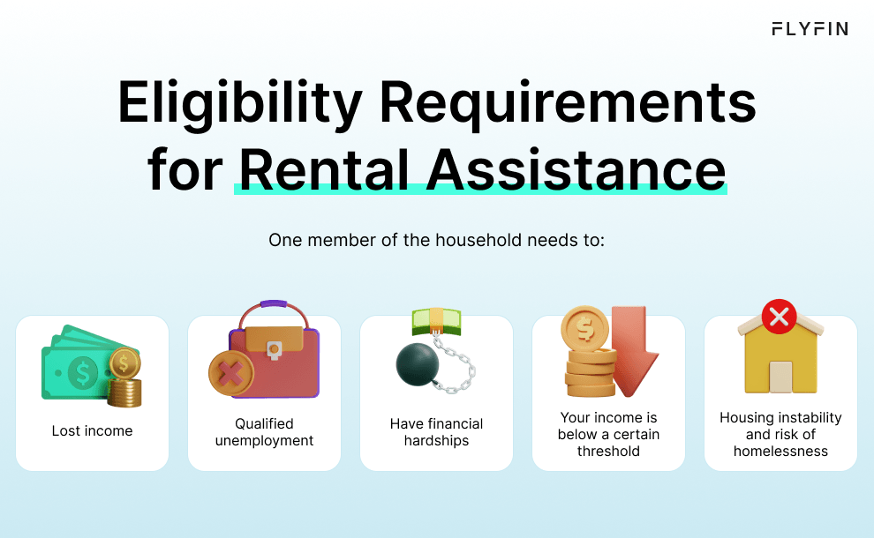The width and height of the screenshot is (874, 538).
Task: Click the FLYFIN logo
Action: click(x=810, y=29)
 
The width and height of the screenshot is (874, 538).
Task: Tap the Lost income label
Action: click(x=92, y=431)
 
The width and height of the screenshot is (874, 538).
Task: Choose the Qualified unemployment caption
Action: click(x=264, y=432)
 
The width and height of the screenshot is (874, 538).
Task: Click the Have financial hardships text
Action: click(x=436, y=432)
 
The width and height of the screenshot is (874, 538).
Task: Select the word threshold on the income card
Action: click(x=608, y=451)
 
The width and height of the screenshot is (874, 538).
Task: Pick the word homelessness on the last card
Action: click(x=780, y=451)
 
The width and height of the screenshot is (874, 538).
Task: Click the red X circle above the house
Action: click(x=779, y=317)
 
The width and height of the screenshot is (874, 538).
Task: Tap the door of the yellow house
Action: click(x=780, y=377)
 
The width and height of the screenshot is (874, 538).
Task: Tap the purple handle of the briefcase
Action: click(x=273, y=305)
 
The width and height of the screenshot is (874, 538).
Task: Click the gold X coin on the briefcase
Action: click(x=230, y=374)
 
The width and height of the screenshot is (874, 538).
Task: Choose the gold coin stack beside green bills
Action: click(x=124, y=379)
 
